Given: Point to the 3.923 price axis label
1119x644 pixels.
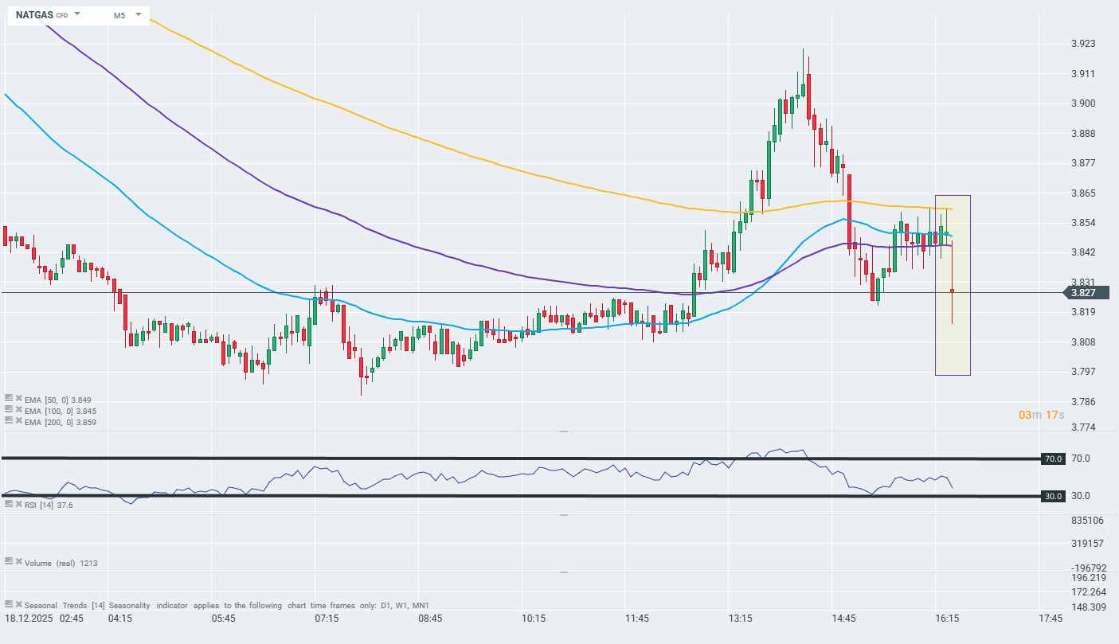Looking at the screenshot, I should (1082, 44).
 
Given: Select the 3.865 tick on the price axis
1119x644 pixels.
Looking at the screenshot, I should (1082, 193).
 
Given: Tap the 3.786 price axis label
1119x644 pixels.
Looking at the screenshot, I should (1082, 402).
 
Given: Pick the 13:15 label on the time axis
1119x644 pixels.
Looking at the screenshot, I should (741, 619).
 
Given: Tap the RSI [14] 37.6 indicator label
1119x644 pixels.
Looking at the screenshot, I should (49, 505).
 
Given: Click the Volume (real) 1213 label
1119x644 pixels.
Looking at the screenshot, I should (61, 563).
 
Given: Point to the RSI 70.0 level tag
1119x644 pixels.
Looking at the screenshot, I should (1054, 459).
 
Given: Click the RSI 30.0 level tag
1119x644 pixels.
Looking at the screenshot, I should (1054, 496).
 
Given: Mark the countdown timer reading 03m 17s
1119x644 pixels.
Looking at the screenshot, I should (1042, 416).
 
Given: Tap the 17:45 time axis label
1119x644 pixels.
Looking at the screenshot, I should (1051, 619).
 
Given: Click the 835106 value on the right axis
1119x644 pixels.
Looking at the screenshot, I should (1087, 521).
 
